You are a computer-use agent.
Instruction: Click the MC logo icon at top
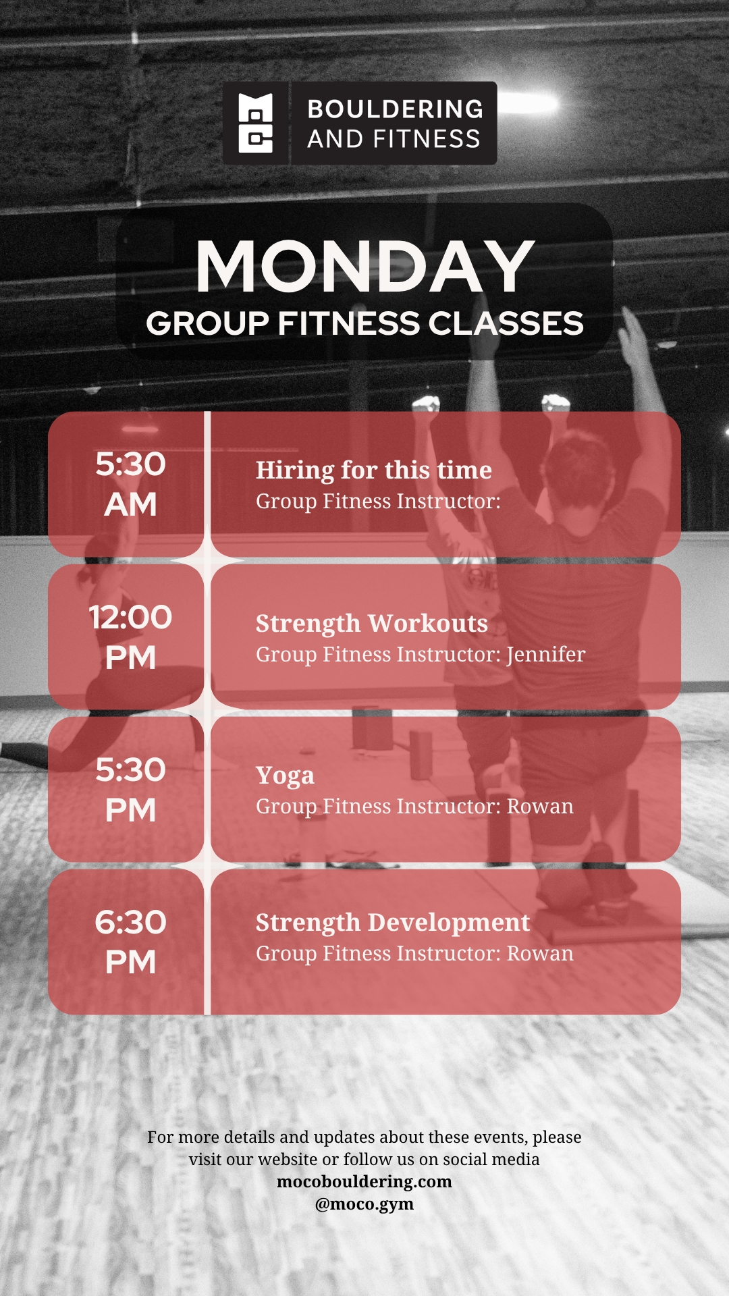[256, 123]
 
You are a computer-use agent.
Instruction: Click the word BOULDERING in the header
[396, 109]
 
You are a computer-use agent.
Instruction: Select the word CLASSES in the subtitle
[506, 323]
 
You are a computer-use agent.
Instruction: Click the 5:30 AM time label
[130, 484]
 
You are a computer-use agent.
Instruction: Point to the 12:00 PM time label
[130, 637]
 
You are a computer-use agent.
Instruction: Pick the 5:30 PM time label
[130, 790]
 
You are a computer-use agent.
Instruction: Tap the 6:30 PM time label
[130, 942]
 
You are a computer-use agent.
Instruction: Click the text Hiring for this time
[374, 470]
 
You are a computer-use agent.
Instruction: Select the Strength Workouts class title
[372, 624]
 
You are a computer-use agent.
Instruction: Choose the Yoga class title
[285, 776]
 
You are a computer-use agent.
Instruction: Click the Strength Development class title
[393, 923]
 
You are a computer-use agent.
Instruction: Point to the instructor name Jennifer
[546, 655]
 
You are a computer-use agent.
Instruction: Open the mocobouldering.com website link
[364, 1181]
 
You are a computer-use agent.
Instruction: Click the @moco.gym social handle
[364, 1204]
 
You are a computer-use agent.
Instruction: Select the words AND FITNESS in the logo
[394, 139]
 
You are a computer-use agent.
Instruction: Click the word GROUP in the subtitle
[208, 324]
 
